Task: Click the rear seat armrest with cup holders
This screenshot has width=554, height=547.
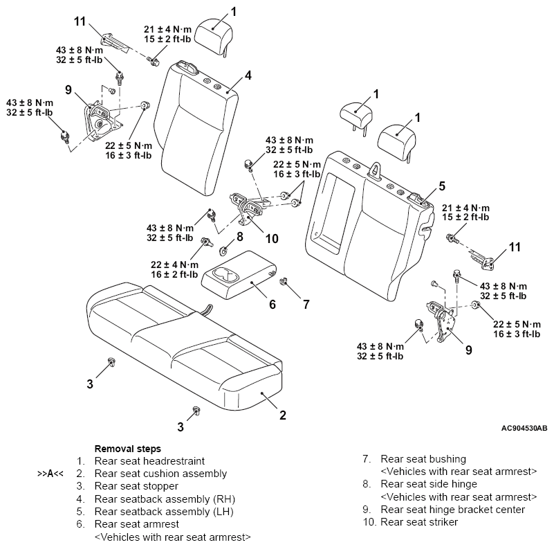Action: (239, 275)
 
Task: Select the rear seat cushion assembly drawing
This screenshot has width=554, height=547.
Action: (184, 347)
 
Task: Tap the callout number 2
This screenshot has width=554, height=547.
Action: (283, 415)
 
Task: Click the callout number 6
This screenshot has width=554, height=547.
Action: (273, 304)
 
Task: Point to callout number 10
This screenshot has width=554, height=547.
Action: (272, 238)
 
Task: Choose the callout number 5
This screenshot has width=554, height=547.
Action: (442, 186)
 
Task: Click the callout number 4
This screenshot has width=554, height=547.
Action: (248, 75)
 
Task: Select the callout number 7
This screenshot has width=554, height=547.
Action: (306, 304)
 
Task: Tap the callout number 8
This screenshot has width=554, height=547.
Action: (240, 236)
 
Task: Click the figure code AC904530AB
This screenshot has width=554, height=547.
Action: (524, 428)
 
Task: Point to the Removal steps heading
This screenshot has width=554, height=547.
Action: (127, 449)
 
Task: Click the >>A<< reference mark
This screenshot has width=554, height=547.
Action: (50, 474)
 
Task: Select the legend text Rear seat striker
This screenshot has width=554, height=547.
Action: (419, 522)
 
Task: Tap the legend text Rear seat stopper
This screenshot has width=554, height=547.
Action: (136, 486)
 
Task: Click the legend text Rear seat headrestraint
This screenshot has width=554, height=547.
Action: (149, 461)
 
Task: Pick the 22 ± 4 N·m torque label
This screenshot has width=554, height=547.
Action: (174, 264)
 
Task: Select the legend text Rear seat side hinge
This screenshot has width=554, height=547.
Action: (429, 484)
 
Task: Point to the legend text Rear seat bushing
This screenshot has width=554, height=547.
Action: (423, 459)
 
